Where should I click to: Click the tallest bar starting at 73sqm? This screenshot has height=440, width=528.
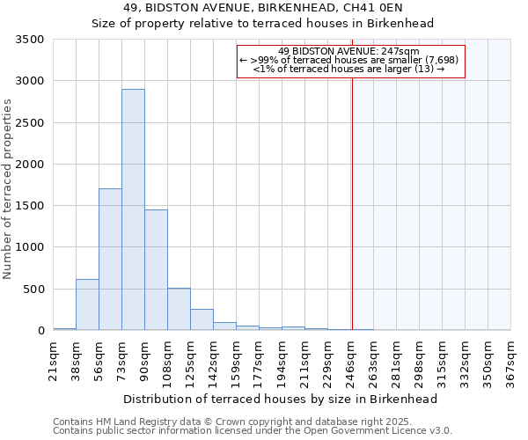[133, 209]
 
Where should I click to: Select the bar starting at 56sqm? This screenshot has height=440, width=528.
[110, 260]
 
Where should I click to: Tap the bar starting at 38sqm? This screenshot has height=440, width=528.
[87, 304]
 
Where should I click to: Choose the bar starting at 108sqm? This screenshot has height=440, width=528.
[179, 309]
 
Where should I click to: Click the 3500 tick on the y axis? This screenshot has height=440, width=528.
[30, 40]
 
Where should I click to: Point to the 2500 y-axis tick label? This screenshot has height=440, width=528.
[30, 123]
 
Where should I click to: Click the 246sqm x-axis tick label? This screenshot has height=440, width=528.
[350, 359]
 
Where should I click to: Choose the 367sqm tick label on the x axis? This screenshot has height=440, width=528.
[510, 359]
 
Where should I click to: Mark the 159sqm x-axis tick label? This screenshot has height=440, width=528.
[236, 359]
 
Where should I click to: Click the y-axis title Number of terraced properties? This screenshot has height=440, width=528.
[8, 189]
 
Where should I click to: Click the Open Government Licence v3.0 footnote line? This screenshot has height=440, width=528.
[253, 431]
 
